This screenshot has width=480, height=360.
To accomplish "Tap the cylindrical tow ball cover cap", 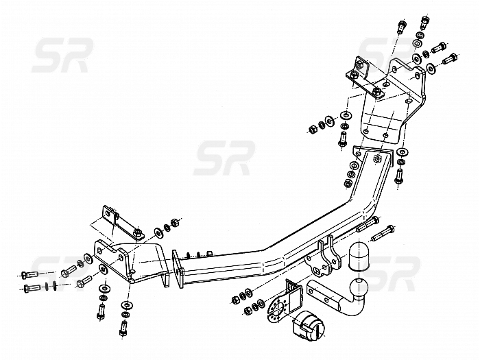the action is [x=359, y=257].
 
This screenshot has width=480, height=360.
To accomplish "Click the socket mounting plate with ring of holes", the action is [x=277, y=309].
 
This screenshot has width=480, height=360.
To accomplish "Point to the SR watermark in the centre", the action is [x=224, y=158].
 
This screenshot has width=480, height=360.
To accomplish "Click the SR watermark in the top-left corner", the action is [x=63, y=55].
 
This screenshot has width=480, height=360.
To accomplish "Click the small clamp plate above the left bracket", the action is [x=121, y=224].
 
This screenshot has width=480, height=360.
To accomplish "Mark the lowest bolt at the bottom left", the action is [x=123, y=328].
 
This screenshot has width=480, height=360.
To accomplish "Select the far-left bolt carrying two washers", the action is [x=32, y=288].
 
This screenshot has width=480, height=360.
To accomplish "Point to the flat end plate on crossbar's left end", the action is [x=178, y=269].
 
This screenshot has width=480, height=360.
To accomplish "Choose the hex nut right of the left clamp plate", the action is [x=174, y=222].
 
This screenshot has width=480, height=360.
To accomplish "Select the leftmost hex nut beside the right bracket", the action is [x=313, y=129].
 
